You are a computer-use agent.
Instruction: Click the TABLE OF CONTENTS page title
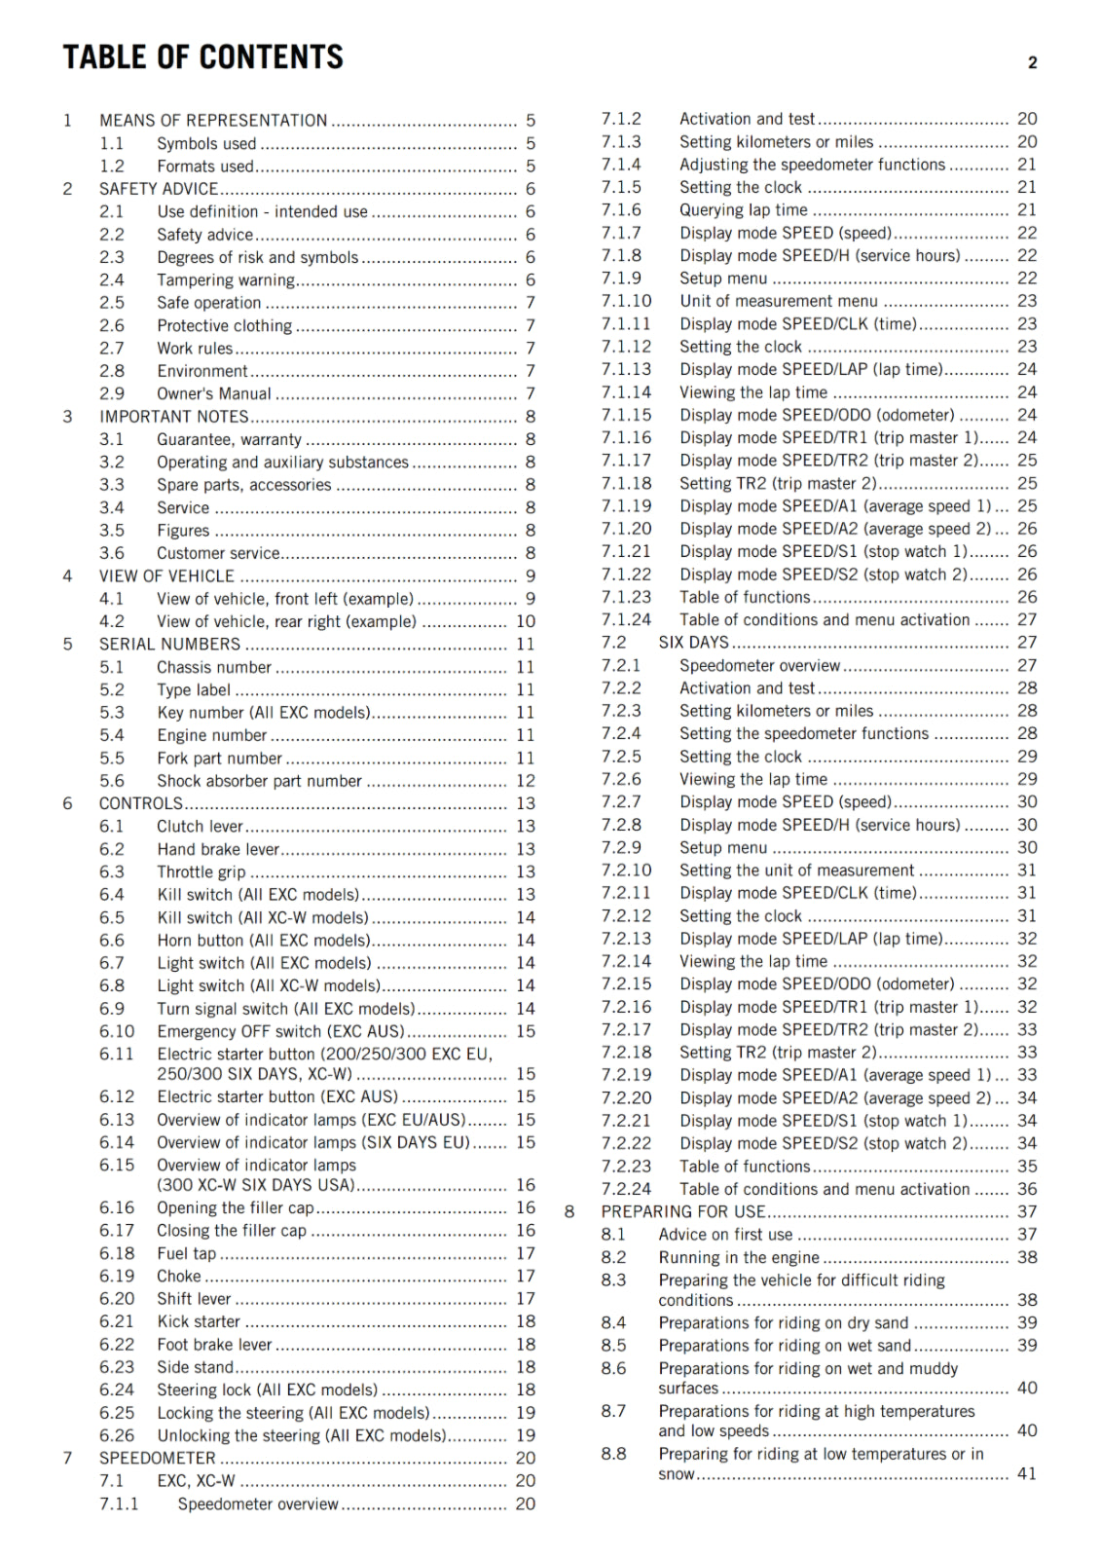click(202, 56)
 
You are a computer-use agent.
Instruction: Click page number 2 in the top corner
click(1032, 63)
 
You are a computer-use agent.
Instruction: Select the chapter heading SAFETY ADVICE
click(158, 189)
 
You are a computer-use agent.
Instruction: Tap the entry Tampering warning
click(226, 280)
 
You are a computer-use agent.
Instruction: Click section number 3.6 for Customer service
click(112, 553)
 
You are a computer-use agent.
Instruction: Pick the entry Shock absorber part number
click(259, 781)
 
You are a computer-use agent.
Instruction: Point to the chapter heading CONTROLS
click(140, 803)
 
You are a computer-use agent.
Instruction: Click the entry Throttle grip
click(202, 872)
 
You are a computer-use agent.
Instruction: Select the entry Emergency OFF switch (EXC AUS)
click(280, 1031)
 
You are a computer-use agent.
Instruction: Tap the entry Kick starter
click(199, 1321)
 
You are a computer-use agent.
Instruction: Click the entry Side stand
click(195, 1367)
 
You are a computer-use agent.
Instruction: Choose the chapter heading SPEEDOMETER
click(157, 1458)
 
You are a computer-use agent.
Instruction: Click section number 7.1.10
click(626, 301)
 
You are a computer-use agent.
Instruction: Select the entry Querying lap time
click(743, 210)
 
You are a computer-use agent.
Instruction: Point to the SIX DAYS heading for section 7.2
click(693, 643)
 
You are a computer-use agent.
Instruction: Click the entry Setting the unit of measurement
click(796, 871)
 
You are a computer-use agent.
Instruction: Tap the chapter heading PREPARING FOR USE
click(682, 1211)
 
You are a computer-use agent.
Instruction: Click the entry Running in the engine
click(738, 1257)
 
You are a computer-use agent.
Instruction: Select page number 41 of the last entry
click(1026, 1473)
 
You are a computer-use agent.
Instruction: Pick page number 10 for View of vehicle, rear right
click(525, 621)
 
